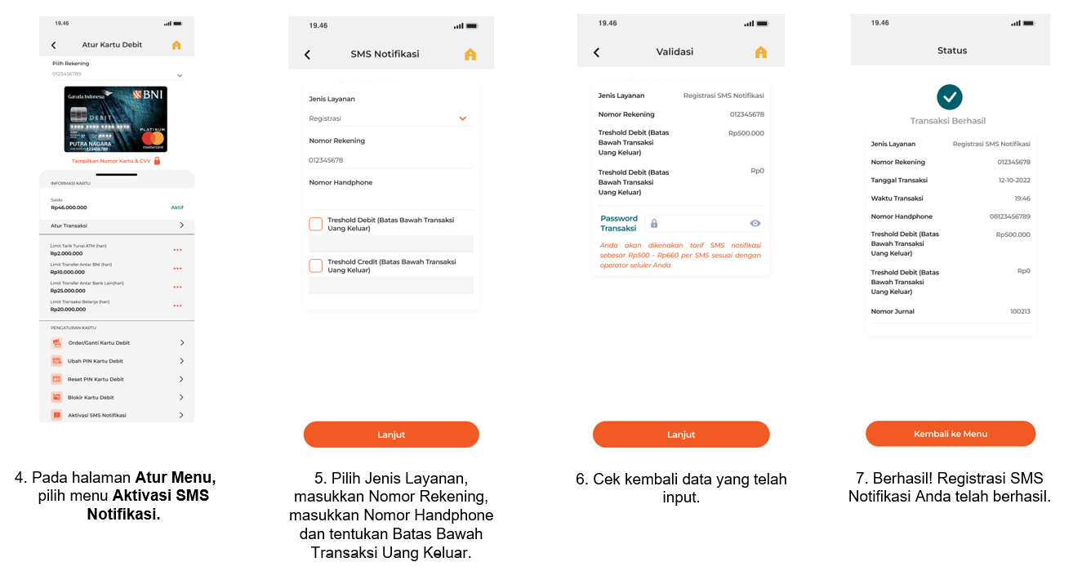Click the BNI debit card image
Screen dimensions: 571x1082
[115, 119]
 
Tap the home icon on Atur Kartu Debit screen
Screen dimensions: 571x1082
[176, 45]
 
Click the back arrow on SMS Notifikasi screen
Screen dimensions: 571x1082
[307, 55]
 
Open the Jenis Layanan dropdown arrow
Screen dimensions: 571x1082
[462, 118]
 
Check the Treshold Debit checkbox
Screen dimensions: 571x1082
[316, 224]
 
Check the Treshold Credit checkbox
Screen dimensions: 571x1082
[316, 265]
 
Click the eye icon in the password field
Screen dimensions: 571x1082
[755, 223]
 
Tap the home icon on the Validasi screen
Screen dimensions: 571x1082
[760, 52]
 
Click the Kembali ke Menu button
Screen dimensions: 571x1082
[951, 434]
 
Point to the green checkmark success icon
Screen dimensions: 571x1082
[949, 97]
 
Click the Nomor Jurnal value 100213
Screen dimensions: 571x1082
[1019, 311]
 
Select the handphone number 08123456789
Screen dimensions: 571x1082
[1009, 216]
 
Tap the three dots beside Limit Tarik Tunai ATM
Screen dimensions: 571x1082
[177, 249]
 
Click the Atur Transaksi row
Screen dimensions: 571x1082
[116, 225]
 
